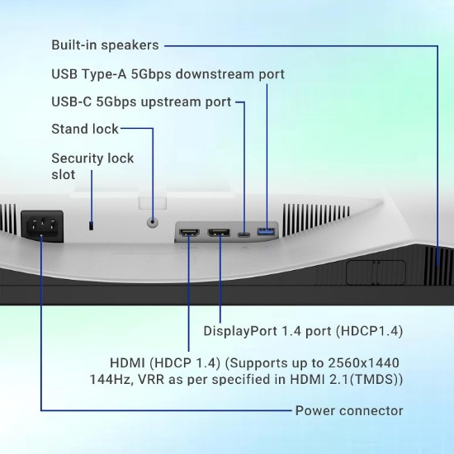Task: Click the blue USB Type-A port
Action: click(266, 232)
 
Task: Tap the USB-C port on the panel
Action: click(244, 234)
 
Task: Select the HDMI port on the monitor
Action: click(189, 232)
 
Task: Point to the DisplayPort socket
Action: click(219, 232)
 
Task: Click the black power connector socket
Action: click(42, 226)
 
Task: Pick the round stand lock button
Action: click(153, 222)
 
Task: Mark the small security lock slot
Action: click(91, 225)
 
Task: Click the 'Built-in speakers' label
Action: click(105, 45)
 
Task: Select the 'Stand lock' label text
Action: click(85, 129)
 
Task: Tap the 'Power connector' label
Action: click(349, 410)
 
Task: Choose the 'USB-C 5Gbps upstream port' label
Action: click(141, 102)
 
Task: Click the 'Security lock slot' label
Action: click(92, 166)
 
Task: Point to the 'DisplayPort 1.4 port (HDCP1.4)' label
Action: click(303, 331)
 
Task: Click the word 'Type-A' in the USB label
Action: click(104, 74)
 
